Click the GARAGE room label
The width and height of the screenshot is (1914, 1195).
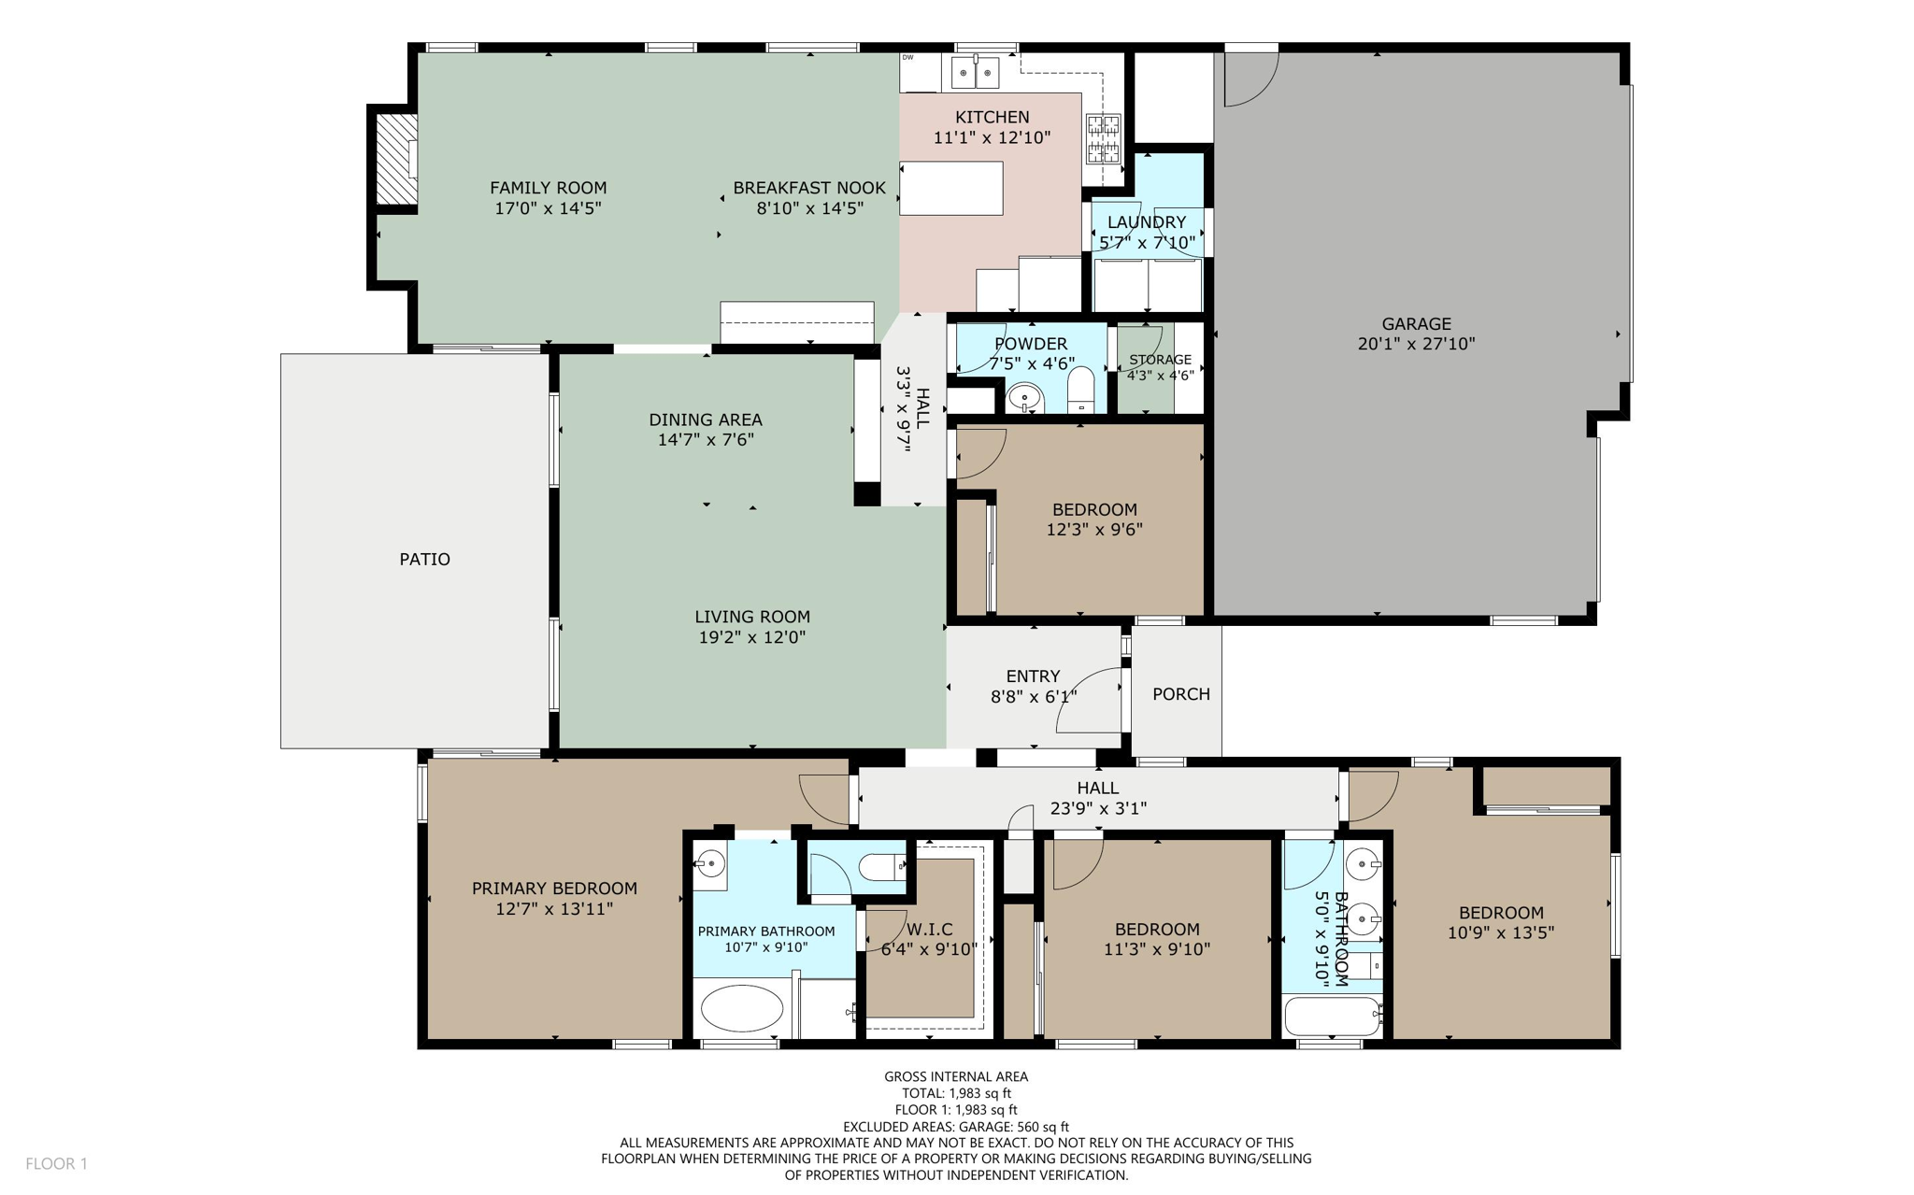click(1416, 323)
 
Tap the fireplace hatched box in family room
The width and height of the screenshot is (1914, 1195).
click(396, 158)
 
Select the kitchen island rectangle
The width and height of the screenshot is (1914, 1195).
click(951, 189)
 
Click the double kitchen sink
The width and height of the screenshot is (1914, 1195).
click(975, 72)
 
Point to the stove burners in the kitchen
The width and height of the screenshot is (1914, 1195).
click(1103, 138)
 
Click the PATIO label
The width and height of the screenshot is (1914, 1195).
click(424, 559)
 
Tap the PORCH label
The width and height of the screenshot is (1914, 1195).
click(1180, 693)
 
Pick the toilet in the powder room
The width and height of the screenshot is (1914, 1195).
click(1080, 390)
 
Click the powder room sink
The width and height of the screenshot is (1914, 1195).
click(1025, 399)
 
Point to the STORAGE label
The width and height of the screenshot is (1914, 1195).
click(1160, 359)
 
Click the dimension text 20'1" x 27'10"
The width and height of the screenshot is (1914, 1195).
click(1416, 344)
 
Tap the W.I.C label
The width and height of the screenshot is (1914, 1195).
click(929, 929)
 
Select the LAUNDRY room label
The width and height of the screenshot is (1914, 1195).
click(1146, 221)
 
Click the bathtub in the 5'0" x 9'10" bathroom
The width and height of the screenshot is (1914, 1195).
click(1332, 1017)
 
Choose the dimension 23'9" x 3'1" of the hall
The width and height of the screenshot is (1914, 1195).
click(1098, 808)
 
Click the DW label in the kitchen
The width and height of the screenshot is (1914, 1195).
click(907, 58)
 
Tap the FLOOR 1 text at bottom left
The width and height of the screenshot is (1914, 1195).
click(56, 1163)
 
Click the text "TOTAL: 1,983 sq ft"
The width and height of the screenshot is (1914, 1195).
click(955, 1093)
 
